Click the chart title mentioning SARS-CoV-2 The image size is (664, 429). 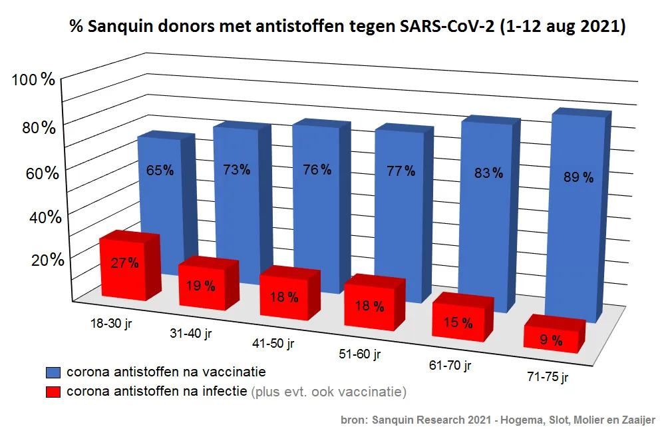coord(348,27)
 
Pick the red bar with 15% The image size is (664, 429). coord(458,323)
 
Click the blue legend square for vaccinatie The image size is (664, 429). coord(54,372)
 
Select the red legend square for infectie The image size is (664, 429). coord(54,391)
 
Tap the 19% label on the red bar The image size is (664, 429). coord(200,286)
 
